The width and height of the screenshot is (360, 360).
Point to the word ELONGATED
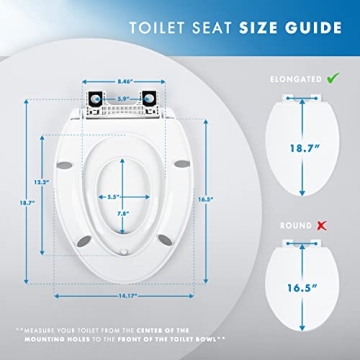pos(293,77)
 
